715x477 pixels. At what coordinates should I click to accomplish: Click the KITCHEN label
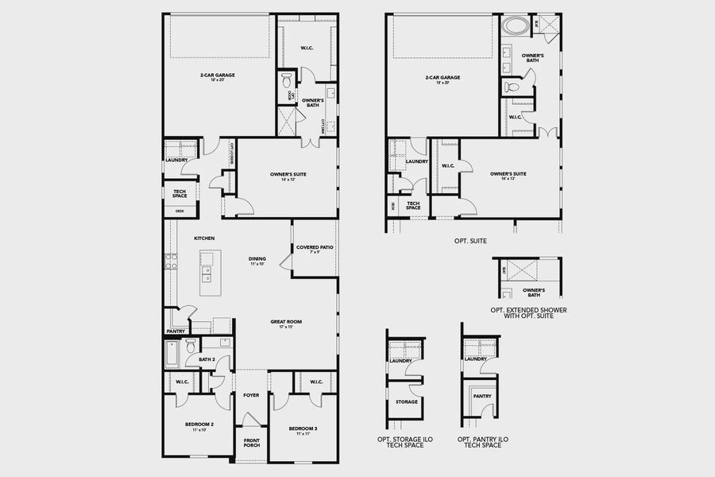coord(204,238)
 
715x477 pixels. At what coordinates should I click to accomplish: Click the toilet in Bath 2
coord(191,347)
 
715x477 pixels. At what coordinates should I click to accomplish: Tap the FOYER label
coord(251,394)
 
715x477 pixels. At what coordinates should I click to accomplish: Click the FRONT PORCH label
coord(251,444)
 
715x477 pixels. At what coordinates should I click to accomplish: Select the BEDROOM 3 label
coord(302,429)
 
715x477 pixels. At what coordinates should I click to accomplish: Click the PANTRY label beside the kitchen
coord(176,331)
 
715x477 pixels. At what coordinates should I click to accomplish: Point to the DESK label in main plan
coord(180,211)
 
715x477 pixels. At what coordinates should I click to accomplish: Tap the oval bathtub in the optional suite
coord(514,25)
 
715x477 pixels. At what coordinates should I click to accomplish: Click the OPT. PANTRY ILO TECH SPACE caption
coord(479,441)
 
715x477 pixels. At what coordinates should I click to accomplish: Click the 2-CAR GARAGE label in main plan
coord(217,76)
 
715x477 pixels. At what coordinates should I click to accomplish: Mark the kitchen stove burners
coord(169,261)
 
